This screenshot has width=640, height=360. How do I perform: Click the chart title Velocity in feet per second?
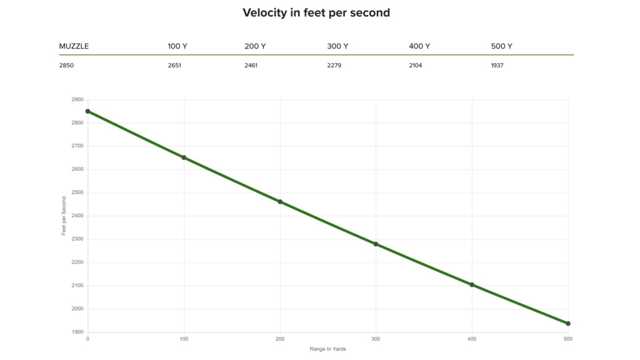[316, 13]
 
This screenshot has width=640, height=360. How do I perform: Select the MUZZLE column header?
[74, 46]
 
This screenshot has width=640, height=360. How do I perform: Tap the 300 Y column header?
[338, 46]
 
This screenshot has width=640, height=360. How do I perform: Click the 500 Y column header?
[502, 46]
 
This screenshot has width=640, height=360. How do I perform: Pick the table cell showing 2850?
[67, 65]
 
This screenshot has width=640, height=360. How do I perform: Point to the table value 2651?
[174, 65]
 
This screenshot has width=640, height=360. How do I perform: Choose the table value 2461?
[251, 65]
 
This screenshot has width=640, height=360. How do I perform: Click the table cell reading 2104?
[416, 65]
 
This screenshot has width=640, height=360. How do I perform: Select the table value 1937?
[497, 65]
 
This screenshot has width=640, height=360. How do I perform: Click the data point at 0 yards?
[88, 111]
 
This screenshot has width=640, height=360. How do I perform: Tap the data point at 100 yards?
[184, 158]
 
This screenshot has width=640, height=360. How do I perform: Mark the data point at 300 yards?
[376, 244]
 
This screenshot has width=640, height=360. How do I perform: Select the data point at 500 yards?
[568, 324]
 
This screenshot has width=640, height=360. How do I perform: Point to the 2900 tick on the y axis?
[77, 99]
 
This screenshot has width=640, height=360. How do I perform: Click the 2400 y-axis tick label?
[77, 216]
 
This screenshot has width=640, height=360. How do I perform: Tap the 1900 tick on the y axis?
[77, 333]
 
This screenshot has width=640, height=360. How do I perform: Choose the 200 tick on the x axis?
[280, 339]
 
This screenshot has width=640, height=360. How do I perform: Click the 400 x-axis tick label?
[472, 339]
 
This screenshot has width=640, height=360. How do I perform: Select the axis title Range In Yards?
[328, 349]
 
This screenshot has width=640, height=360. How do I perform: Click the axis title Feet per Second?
[63, 216]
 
